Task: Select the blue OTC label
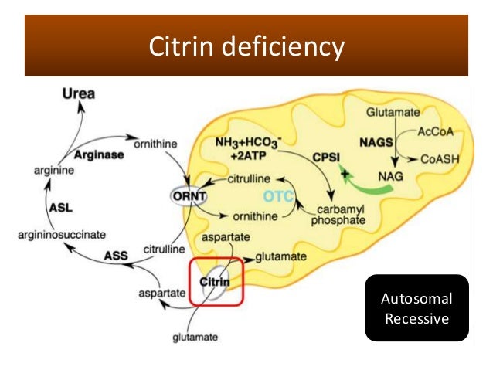tap(279, 196)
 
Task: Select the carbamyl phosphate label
tap(338, 216)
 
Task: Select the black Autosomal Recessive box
tap(416, 307)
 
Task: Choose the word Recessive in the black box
tap(416, 318)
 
